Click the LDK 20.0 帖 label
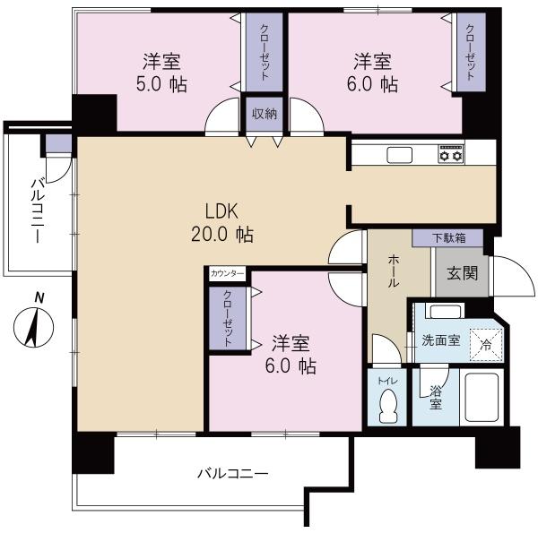coord(221,223)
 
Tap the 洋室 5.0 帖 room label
coord(162,73)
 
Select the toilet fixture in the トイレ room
coord(387,406)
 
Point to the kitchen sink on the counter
coord(398,155)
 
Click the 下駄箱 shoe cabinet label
coord(447,238)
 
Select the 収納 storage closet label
coord(264,113)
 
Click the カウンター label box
coord(227,273)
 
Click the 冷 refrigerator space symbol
coord(485,342)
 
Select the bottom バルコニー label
coord(232,474)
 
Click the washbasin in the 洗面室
coord(442,313)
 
